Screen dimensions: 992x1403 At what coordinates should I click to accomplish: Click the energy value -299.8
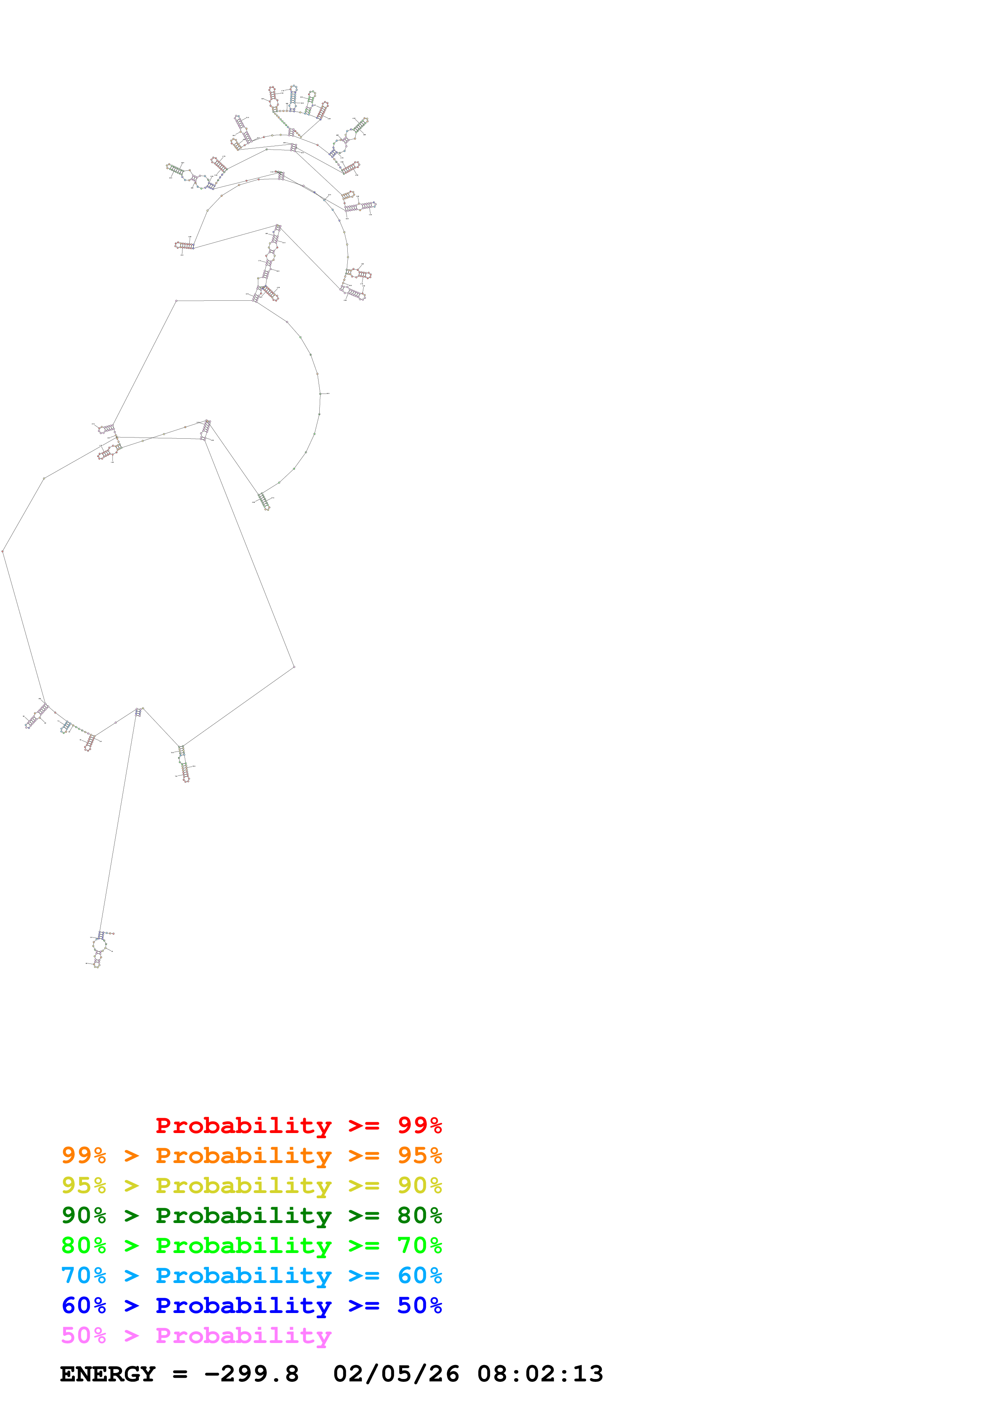[x=251, y=1374]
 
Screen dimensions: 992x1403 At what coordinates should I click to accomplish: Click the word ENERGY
[x=108, y=1374]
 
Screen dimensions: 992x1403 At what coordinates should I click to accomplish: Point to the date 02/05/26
[x=396, y=1374]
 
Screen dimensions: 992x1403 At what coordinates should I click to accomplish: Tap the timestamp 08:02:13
[x=540, y=1374]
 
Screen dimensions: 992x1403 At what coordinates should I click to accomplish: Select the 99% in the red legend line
[x=419, y=1125]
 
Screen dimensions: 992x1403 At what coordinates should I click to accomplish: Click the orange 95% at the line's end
[x=419, y=1155]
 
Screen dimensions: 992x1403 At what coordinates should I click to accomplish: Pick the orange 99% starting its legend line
[x=84, y=1155]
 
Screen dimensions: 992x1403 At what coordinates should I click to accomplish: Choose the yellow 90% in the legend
[x=419, y=1185]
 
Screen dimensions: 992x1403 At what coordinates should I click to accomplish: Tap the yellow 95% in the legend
[x=84, y=1185]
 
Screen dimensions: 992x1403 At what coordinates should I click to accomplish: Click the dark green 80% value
[x=419, y=1215]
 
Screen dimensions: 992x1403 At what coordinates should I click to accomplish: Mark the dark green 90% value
[x=84, y=1215]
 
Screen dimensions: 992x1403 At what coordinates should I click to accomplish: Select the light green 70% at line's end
[x=419, y=1245]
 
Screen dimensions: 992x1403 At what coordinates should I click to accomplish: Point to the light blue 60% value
[x=419, y=1275]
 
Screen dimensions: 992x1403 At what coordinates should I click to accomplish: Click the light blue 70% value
[x=84, y=1275]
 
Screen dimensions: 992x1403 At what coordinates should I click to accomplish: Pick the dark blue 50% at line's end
[x=419, y=1305]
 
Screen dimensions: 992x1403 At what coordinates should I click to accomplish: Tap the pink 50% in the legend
[x=84, y=1335]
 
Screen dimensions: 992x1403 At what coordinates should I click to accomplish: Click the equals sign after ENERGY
[x=180, y=1374]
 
